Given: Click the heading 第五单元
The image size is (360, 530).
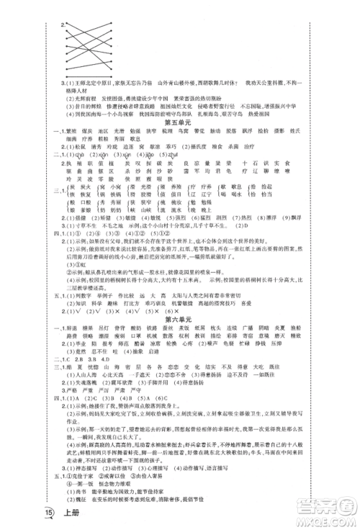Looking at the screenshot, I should coord(181,123).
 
